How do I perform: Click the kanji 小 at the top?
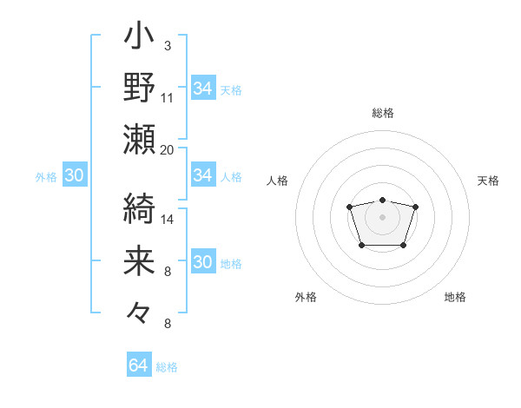point(140,39)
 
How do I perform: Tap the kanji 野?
point(140,88)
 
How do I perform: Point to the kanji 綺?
point(140,207)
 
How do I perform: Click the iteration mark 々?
point(140,311)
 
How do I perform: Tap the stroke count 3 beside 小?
point(167,45)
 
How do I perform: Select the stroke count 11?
point(168,96)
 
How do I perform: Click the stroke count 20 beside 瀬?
point(168,148)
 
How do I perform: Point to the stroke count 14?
point(168,220)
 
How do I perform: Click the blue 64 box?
point(138,365)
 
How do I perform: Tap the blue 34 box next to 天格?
point(202,89)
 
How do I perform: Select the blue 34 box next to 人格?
point(202,175)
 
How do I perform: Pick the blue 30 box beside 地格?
point(202,263)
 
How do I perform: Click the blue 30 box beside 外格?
point(74,175)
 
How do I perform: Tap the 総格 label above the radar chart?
point(383,113)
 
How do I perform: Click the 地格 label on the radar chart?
point(455,297)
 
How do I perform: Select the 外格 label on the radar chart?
point(306,297)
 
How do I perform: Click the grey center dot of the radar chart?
point(382,216)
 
